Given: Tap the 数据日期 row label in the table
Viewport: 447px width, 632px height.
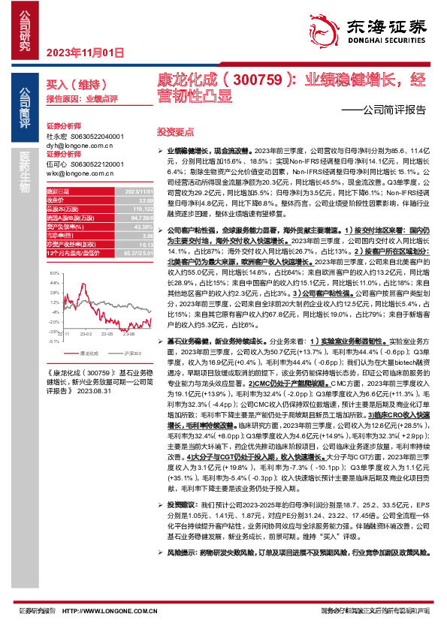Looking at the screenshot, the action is [x=59, y=191].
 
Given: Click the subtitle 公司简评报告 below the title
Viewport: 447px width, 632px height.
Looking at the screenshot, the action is [x=394, y=109].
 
